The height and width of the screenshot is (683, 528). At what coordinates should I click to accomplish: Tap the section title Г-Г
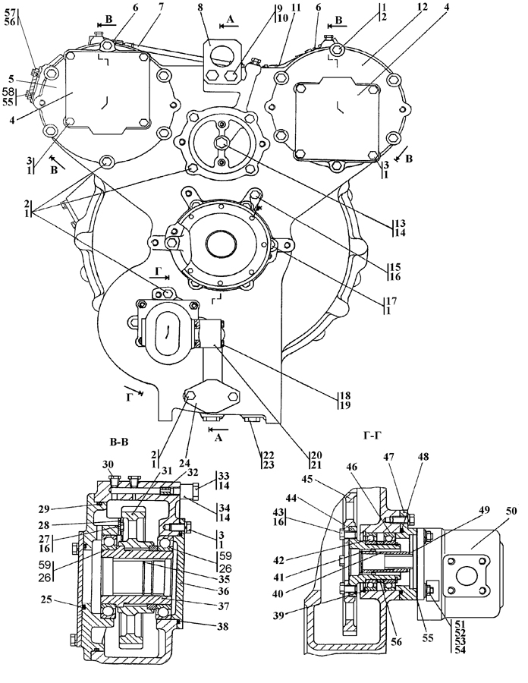click(x=371, y=436)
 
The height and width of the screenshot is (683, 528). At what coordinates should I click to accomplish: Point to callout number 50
click(x=511, y=510)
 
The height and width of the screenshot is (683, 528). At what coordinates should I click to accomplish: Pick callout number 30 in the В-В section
click(x=107, y=464)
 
